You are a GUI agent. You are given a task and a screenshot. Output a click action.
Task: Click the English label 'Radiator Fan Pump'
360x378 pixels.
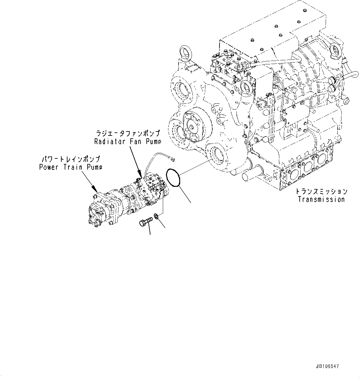pyautogui.click(x=128, y=142)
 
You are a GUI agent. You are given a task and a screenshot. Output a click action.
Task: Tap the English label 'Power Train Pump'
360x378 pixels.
pyautogui.click(x=71, y=167)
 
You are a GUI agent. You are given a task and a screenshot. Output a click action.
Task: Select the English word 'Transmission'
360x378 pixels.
pyautogui.click(x=321, y=199)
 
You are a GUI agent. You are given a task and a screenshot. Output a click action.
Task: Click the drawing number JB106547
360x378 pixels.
pyautogui.click(x=327, y=366)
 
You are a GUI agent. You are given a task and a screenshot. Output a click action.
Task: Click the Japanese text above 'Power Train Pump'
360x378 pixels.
pyautogui.click(x=71, y=159)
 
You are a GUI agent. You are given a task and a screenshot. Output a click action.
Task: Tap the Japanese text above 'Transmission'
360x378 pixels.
pyautogui.click(x=321, y=192)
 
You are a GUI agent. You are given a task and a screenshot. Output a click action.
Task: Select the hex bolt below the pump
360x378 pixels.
pyautogui.click(x=145, y=222)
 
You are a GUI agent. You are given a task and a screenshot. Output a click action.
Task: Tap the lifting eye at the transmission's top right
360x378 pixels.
pyautogui.click(x=336, y=49)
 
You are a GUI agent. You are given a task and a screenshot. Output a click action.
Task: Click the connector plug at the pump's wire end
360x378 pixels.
pyautogui.click(x=173, y=159)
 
